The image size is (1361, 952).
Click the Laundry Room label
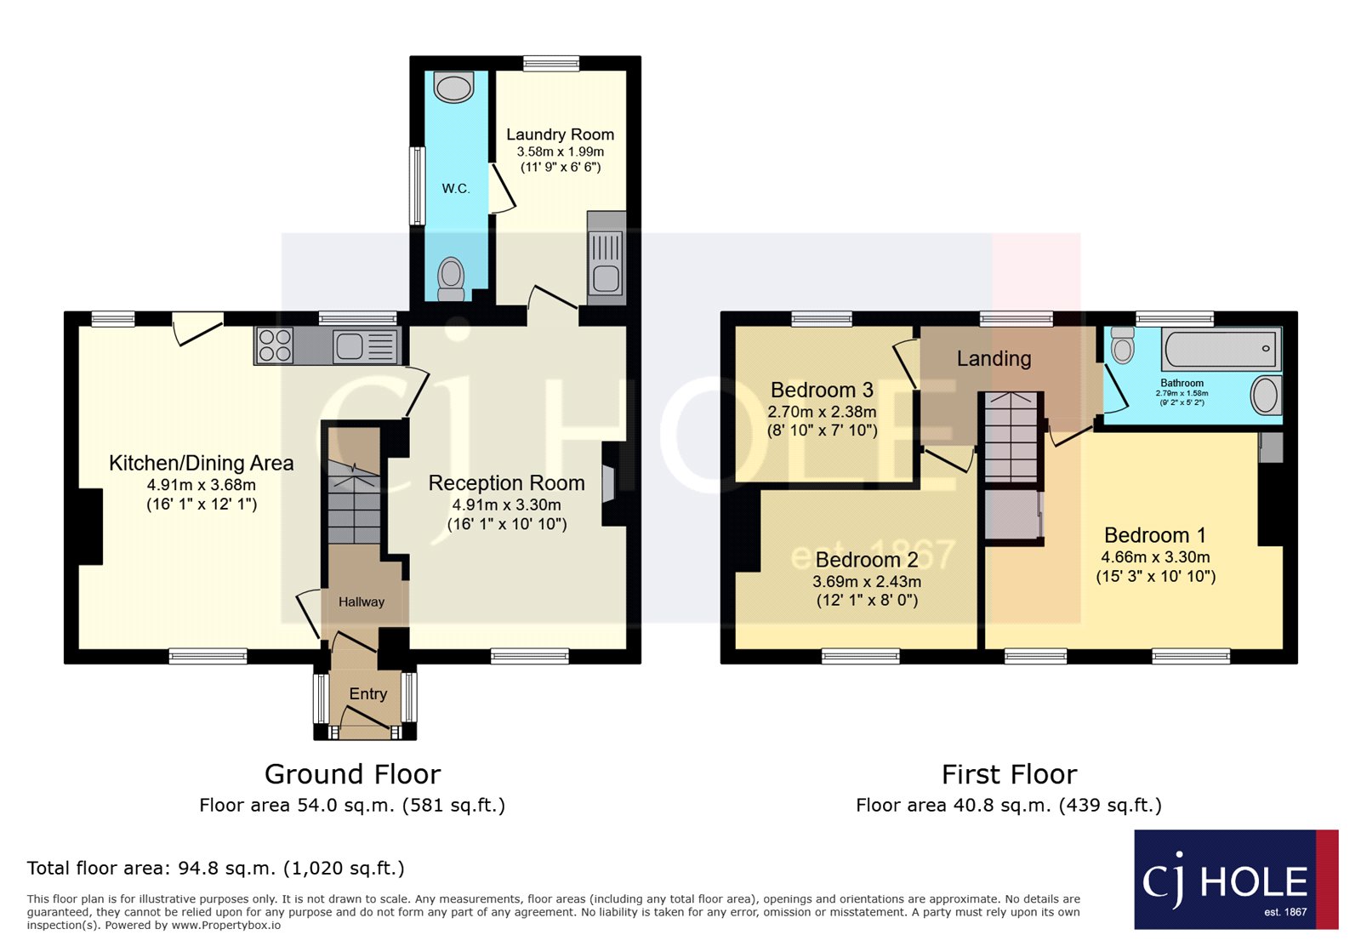[560, 134]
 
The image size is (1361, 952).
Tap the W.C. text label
[456, 189]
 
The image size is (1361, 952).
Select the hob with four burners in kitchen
[275, 346]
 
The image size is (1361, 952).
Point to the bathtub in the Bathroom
[1221, 349]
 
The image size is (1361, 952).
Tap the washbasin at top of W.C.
[453, 87]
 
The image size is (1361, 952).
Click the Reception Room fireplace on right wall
[608, 484]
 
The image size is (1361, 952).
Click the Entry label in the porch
[367, 694]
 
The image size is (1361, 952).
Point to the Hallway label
[362, 602]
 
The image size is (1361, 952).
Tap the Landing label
[994, 359]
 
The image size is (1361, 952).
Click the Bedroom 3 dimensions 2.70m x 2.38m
[822, 412]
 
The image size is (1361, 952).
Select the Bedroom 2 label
[866, 560]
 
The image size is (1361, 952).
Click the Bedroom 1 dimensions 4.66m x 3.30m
[1155, 557]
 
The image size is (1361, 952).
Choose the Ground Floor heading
[352, 774]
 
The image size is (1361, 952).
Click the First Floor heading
[1009, 774]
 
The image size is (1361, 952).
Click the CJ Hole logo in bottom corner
[1235, 880]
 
